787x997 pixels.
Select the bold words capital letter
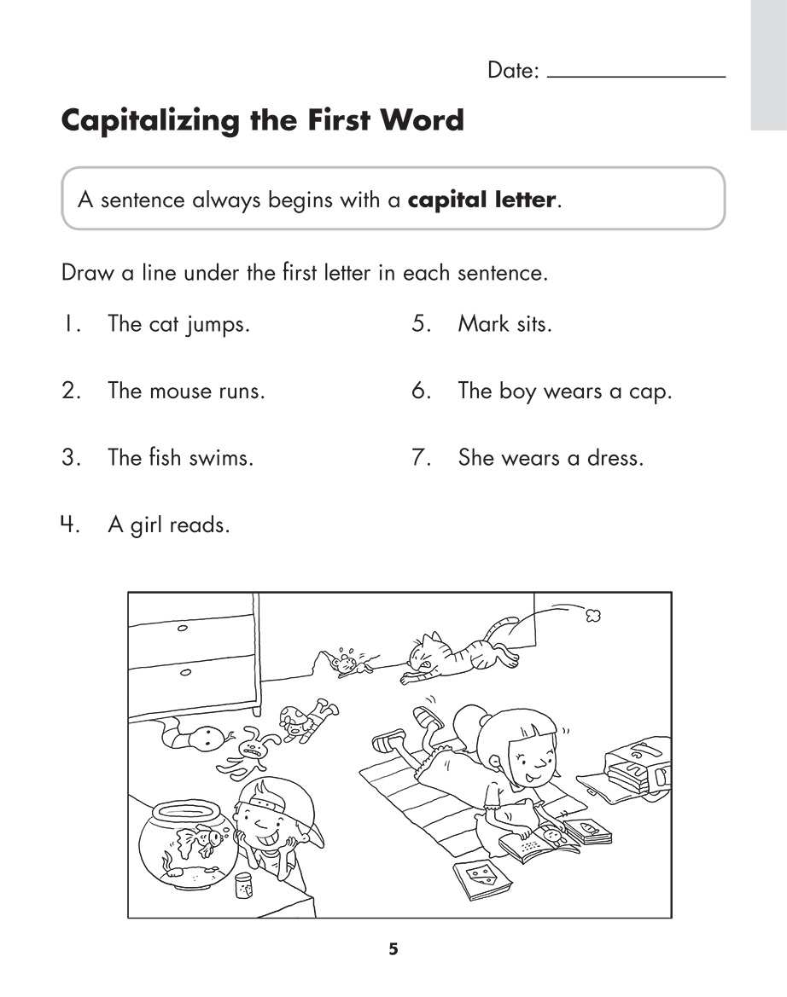click(481, 201)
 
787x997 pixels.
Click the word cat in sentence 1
click(163, 324)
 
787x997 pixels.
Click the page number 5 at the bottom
click(393, 949)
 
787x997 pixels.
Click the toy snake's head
click(206, 735)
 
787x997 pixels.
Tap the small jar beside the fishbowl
click(242, 886)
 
